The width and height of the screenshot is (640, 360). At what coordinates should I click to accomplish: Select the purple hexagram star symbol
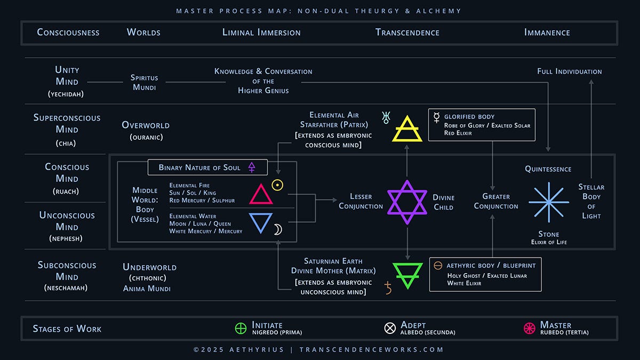click(407, 202)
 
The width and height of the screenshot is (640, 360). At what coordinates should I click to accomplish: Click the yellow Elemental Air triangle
click(407, 129)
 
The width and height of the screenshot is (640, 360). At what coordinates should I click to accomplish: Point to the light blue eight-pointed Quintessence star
click(548, 202)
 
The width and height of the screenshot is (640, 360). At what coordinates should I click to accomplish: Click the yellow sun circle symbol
click(277, 185)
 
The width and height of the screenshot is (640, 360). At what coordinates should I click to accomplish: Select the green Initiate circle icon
click(241, 328)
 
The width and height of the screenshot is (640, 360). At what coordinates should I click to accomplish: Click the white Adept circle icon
click(390, 328)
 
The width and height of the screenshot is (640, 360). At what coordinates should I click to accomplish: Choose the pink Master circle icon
click(530, 328)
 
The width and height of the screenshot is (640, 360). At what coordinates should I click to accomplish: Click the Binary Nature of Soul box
click(207, 167)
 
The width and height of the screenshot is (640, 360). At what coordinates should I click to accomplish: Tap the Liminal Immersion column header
click(261, 33)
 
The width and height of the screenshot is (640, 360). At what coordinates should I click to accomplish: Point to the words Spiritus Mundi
click(144, 82)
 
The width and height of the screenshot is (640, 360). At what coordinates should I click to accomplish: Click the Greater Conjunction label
click(496, 201)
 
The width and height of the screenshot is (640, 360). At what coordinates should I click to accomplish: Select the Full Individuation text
click(570, 71)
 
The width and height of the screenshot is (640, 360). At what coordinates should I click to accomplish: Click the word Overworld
click(146, 125)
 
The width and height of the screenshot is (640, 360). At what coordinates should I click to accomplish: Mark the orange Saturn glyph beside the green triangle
click(388, 289)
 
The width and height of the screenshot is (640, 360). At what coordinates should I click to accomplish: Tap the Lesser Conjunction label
click(361, 201)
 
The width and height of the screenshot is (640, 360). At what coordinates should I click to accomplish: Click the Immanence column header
click(547, 33)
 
